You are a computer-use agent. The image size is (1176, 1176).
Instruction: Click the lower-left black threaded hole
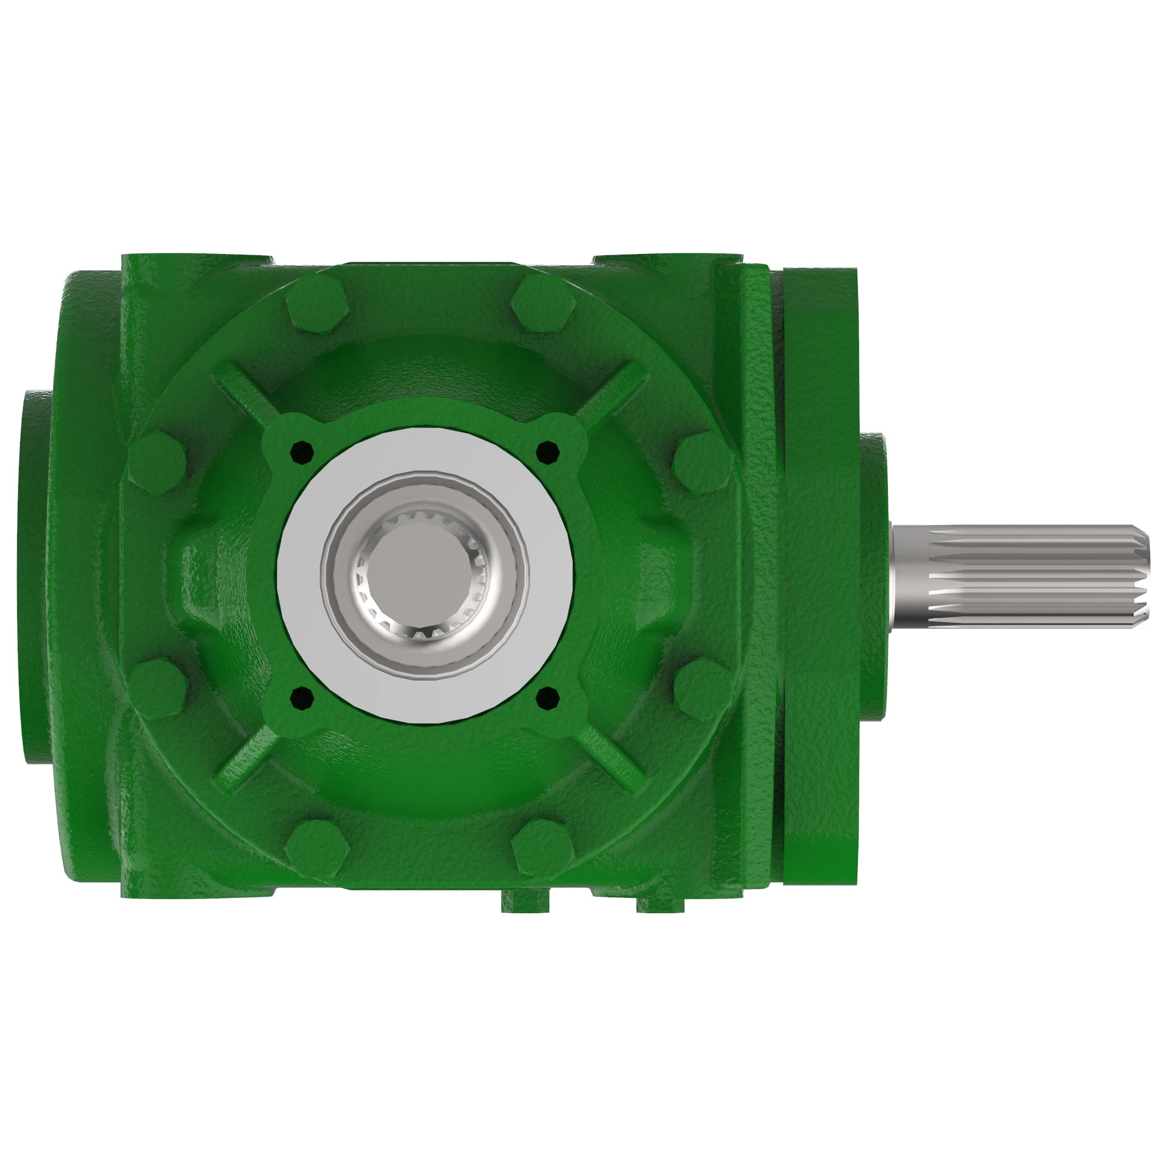tap(301, 698)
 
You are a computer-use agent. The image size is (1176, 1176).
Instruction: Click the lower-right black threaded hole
tap(548, 698)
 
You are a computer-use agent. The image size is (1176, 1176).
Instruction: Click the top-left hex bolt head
tap(316, 306)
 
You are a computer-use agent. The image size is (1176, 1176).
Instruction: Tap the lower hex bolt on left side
tap(156, 690)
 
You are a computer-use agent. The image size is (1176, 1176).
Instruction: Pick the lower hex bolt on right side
tap(703, 690)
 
